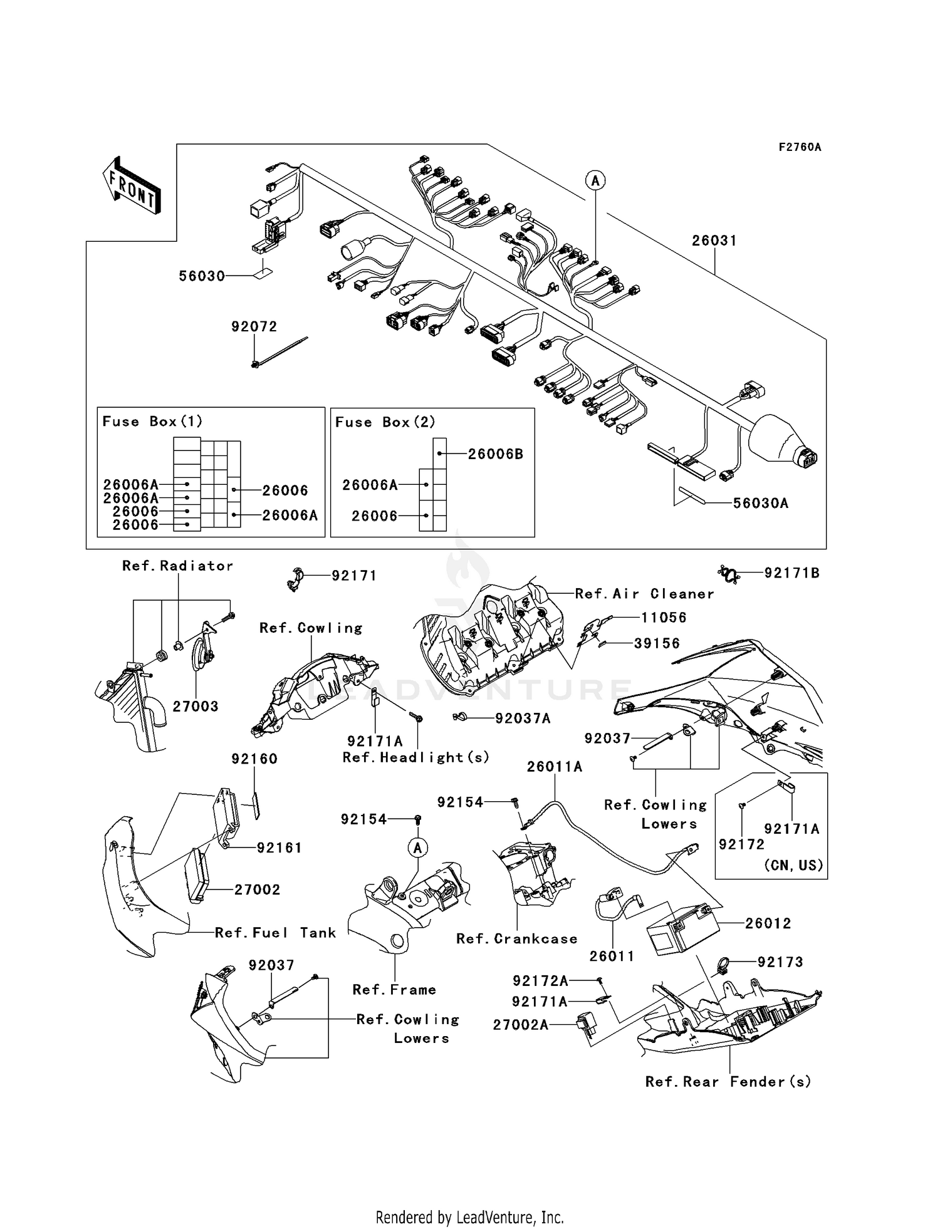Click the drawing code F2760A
click(x=800, y=147)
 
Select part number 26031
click(x=714, y=241)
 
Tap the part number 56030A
click(x=760, y=503)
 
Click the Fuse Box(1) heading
click(x=152, y=422)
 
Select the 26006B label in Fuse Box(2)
click(x=495, y=454)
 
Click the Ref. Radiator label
click(x=177, y=566)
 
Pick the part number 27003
click(x=196, y=707)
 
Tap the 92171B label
click(x=791, y=573)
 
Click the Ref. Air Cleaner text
click(x=644, y=594)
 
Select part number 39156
click(x=657, y=643)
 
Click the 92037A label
click(x=523, y=718)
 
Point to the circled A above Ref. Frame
click(x=417, y=848)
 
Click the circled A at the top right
click(x=595, y=181)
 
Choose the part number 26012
click(x=768, y=923)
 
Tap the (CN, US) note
click(x=793, y=866)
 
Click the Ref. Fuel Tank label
click(x=275, y=933)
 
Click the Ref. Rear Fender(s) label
click(x=728, y=1082)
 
